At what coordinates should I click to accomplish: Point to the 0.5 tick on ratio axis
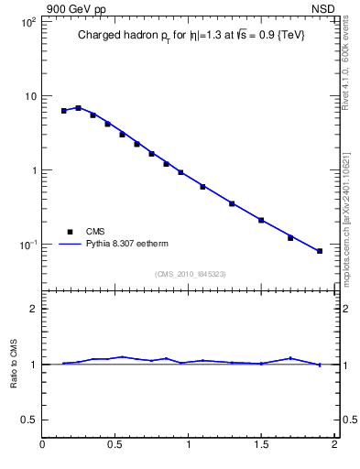coord(29,420)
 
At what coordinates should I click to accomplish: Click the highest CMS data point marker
coord(79,108)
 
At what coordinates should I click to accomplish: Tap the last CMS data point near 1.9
coord(320,251)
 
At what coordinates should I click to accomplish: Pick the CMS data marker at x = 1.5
coord(261,220)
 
